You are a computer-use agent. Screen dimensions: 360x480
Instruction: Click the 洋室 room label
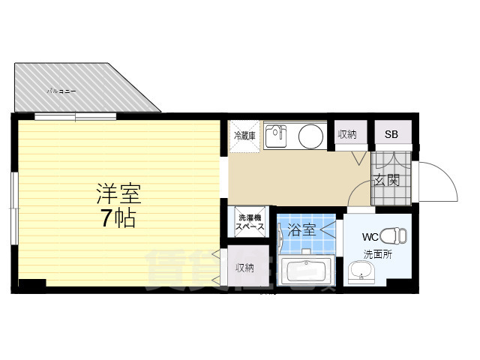118,195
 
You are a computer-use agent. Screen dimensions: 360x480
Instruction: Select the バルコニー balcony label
61,91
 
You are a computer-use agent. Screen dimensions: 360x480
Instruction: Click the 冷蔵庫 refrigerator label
244,136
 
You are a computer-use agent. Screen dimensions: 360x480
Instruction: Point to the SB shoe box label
391,135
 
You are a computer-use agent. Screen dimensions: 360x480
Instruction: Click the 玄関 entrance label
386,181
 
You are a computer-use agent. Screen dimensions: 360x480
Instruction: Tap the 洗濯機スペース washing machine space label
249,222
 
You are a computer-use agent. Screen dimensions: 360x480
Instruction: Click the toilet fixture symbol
392,235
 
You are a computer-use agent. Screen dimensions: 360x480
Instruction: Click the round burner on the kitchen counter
310,136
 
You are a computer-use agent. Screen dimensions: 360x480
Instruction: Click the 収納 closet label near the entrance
346,135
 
